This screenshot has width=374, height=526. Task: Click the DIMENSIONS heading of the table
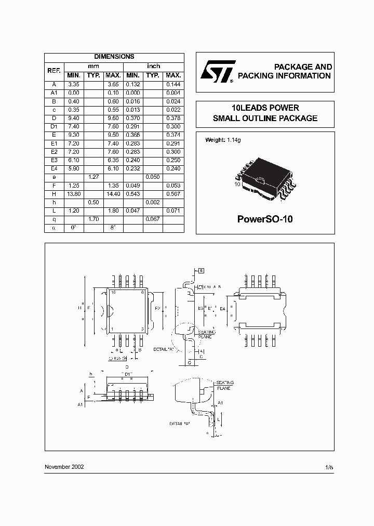coord(114,57)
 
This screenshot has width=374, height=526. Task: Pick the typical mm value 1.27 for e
coord(93,177)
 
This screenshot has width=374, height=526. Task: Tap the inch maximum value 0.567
coord(172,194)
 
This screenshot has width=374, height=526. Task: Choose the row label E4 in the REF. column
coord(54,169)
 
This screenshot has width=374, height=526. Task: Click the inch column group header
coord(153,66)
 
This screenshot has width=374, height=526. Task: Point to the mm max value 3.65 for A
coord(113,84)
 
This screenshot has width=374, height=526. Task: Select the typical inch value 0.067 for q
coord(153,219)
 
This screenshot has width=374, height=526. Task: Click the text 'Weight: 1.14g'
coord(223,140)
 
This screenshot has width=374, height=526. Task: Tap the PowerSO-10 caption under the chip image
coord(265,219)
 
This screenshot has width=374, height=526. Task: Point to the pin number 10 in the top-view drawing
coord(113,293)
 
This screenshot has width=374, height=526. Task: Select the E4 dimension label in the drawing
coord(223,309)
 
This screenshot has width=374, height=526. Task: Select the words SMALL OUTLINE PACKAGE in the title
coord(265,119)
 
